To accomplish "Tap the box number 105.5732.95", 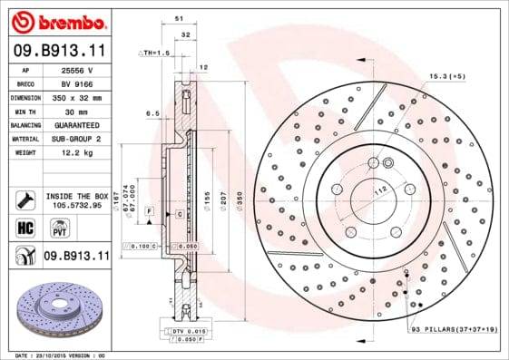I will [x=76, y=205].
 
